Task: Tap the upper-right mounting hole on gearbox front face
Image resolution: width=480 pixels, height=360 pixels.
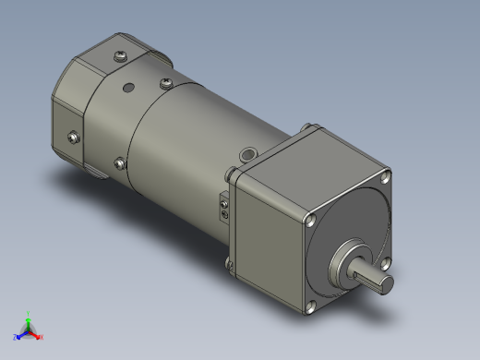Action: pyautogui.click(x=386, y=175)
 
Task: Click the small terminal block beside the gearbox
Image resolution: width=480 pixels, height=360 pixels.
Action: pyautogui.click(x=223, y=206)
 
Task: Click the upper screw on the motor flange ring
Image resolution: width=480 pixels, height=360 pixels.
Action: pyautogui.click(x=165, y=84)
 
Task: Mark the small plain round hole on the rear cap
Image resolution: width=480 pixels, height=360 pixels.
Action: pyautogui.click(x=127, y=90)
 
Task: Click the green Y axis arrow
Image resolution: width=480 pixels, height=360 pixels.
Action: pyautogui.click(x=28, y=317)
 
